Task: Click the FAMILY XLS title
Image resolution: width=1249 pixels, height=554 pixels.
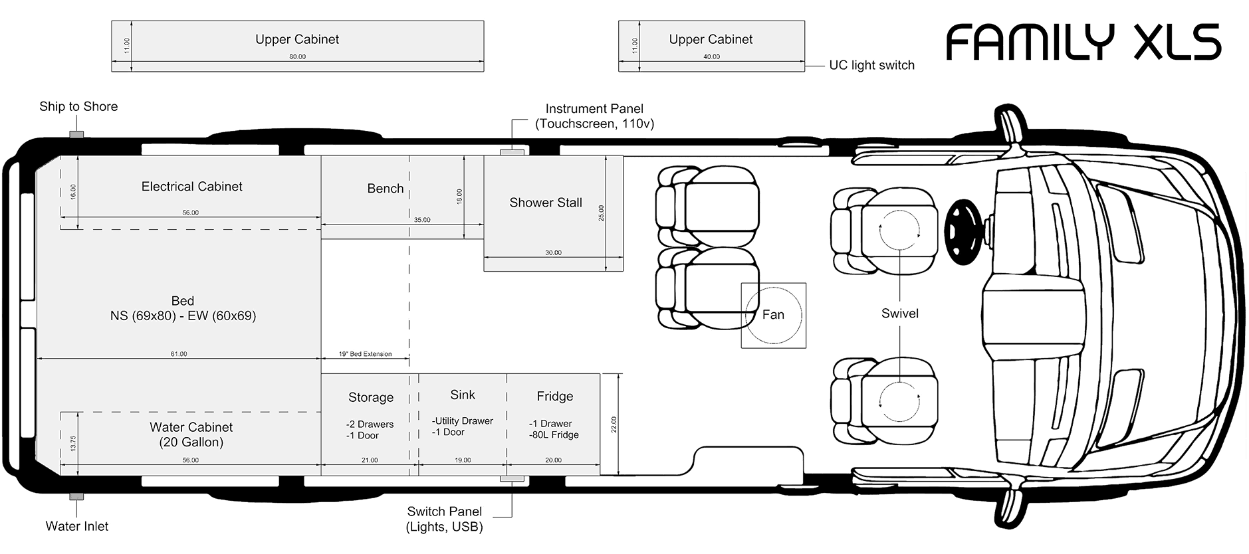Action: click(1083, 43)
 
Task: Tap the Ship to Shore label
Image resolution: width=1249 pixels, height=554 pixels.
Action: click(78, 106)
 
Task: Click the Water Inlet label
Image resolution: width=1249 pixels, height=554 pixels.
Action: click(77, 526)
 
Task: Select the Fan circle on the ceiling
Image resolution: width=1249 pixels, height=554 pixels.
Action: click(773, 315)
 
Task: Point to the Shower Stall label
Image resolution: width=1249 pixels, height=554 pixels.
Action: click(545, 203)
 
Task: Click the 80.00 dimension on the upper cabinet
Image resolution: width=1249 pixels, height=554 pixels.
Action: click(297, 57)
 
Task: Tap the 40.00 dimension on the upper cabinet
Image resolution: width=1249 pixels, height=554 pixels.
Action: click(711, 57)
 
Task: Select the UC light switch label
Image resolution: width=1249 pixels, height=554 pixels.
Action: click(871, 65)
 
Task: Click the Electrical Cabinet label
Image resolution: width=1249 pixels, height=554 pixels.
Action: click(191, 187)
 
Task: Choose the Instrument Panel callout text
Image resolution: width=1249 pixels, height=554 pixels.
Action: click(594, 116)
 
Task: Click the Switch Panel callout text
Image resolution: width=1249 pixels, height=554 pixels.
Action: click(444, 519)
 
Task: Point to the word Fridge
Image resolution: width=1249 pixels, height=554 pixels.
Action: click(554, 397)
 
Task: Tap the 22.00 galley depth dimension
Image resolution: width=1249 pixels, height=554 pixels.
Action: click(614, 424)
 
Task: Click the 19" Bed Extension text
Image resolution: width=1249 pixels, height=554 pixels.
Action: click(365, 354)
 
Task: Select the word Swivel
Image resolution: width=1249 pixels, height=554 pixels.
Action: click(899, 314)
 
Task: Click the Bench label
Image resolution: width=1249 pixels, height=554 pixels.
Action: click(385, 189)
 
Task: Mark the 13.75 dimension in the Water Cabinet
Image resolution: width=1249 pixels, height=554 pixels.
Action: click(73, 443)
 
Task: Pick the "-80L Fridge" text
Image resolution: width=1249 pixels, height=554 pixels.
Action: click(554, 435)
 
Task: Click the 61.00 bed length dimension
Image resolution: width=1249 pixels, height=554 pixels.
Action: click(179, 354)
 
